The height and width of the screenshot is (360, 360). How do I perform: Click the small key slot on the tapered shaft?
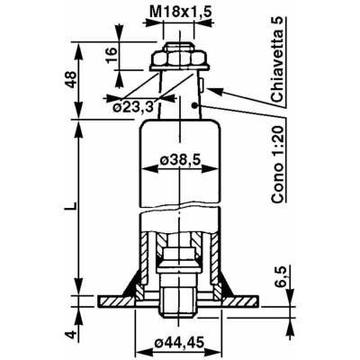[202, 86]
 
